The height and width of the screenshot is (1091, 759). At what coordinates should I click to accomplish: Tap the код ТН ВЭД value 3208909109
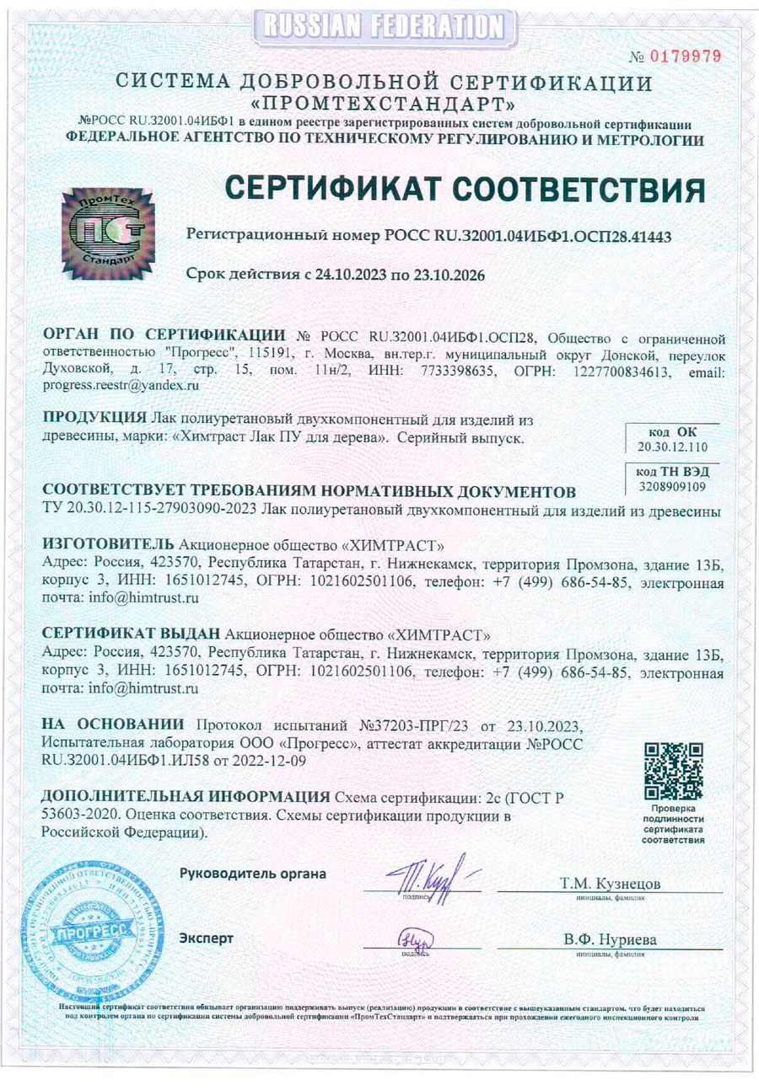(x=673, y=486)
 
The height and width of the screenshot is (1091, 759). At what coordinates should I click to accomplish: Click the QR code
(x=673, y=771)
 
